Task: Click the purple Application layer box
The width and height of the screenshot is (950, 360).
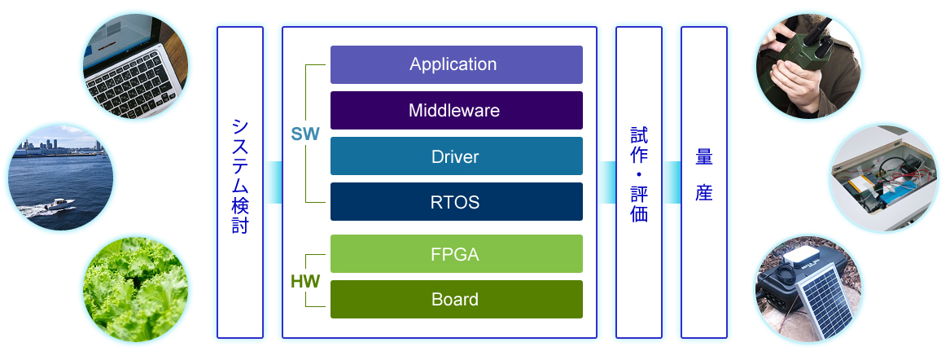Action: coord(456,64)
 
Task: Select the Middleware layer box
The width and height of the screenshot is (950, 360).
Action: coord(456,110)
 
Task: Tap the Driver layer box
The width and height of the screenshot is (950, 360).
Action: coord(456,156)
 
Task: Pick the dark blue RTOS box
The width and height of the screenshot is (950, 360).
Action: coord(456,201)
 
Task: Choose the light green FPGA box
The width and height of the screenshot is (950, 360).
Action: coord(456,253)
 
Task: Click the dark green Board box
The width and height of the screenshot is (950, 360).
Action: coord(456,299)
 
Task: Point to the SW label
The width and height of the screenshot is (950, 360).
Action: coord(305,134)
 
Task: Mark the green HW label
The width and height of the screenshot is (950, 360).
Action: coord(305,282)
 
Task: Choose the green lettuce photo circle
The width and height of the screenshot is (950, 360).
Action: coord(136,289)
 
